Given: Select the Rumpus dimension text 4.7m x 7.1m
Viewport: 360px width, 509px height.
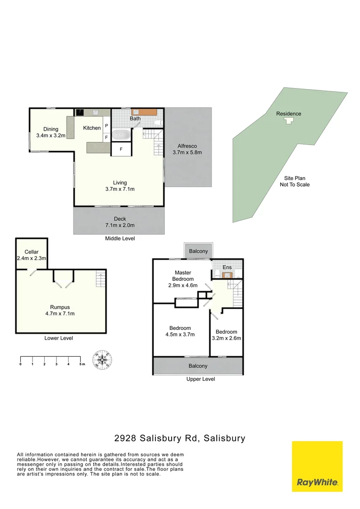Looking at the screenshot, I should coord(59,313).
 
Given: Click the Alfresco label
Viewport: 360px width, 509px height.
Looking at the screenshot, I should coord(187,146).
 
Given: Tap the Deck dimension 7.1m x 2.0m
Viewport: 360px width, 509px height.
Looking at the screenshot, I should coord(120,225).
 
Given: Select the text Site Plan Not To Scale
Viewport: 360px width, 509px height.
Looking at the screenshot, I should coord(295,181).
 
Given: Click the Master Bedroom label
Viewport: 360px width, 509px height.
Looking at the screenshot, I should coord(182,276).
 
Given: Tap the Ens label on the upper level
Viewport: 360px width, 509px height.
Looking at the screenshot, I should coord(227,268).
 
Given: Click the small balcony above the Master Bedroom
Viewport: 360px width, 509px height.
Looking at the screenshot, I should coord(198,251).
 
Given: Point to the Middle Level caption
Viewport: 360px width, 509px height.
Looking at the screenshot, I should coord(120,238).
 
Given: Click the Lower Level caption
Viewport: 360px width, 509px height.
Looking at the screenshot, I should coord(58,338).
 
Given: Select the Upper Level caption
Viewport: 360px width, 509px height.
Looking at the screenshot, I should coord(201,379).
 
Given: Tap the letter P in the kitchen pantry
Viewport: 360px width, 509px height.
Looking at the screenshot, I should coord(106,126).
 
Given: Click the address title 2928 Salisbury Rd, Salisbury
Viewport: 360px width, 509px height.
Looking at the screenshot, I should coord(180,438).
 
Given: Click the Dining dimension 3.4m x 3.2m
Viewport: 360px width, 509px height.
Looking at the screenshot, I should coord(51,136).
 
